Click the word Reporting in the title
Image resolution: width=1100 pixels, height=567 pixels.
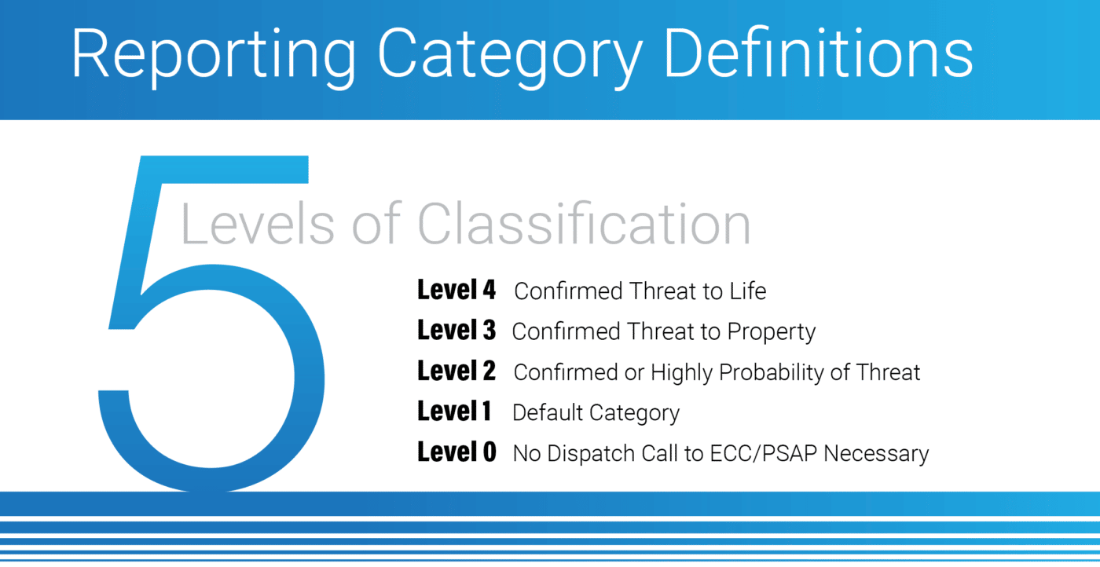tap(214, 57)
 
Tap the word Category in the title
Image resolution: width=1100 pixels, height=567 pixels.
tap(510, 57)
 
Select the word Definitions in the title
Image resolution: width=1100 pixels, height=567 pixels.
tap(819, 53)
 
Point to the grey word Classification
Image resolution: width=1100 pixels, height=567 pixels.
tap(585, 223)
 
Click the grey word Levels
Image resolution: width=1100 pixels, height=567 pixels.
tap(258, 223)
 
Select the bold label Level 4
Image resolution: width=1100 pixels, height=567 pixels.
tap(456, 290)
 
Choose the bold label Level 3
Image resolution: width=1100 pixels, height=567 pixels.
tap(456, 330)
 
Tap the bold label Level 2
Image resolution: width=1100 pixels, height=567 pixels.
tap(456, 371)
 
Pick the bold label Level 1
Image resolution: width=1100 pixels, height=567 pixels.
tap(454, 411)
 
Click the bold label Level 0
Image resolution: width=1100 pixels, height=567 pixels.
tap(456, 452)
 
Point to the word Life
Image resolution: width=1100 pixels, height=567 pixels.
tap(748, 291)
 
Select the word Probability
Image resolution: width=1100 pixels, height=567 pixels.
tap(771, 373)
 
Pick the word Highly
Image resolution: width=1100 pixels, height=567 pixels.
tap(682, 373)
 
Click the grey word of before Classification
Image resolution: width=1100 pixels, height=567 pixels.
tap(376, 223)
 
